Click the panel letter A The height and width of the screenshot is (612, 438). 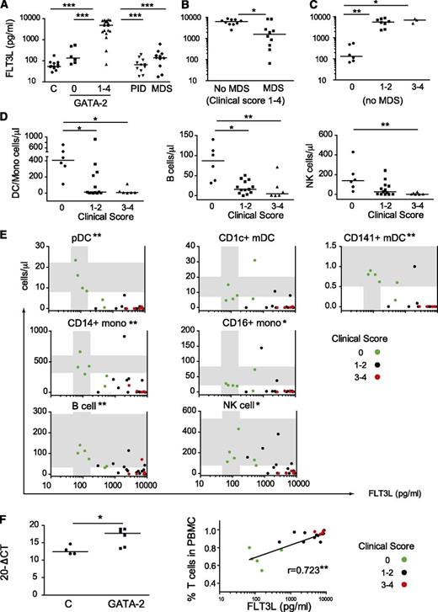(x=8, y=8)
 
